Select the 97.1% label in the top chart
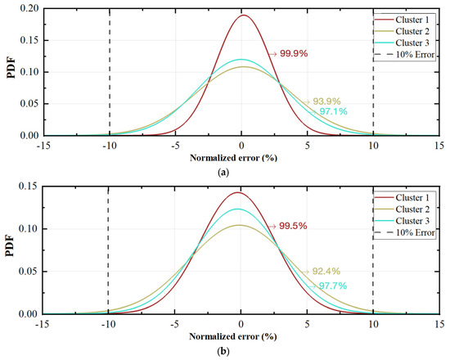pyautogui.click(x=335, y=111)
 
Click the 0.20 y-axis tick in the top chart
pyautogui.click(x=27, y=8)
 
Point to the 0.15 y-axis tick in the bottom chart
pyautogui.click(x=27, y=187)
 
